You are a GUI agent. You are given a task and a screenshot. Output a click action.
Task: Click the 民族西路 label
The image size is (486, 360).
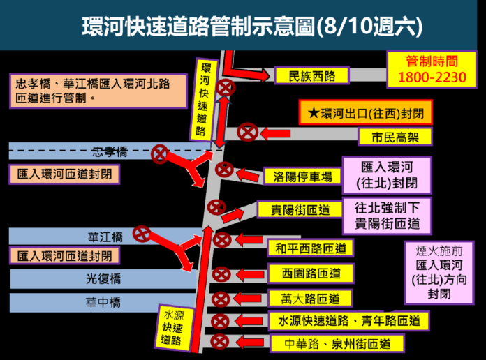pos(312,75)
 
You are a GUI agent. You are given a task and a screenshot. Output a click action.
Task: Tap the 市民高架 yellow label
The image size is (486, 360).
pos(395,137)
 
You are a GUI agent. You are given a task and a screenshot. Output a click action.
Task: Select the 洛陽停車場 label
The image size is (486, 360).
pos(302,177)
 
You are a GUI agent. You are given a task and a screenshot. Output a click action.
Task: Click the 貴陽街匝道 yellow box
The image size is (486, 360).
pos(300,209)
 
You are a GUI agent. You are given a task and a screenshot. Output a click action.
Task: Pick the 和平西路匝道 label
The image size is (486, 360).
pos(310,248)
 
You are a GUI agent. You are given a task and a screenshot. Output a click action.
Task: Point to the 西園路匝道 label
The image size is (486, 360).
pos(311,273)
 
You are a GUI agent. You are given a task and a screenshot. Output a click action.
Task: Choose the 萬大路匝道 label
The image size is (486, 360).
pos(310,299)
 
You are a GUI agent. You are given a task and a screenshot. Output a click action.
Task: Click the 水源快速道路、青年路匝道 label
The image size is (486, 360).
pos(348,321)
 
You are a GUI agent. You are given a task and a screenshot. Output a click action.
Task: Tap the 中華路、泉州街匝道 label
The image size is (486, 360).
pos(337,343)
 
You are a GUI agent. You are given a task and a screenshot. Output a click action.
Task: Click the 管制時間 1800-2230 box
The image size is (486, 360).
pos(432,70)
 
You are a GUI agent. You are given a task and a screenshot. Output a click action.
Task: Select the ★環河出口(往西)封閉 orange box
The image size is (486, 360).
pos(366,112)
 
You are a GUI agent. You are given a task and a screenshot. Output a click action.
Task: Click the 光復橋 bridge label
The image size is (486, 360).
pos(103,279)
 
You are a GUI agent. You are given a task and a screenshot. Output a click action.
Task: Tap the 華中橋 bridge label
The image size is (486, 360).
pos(103,302)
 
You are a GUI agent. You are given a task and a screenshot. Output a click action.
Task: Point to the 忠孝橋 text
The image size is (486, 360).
pos(110,151)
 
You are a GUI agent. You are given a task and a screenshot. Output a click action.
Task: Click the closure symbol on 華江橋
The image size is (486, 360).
pos(142,234)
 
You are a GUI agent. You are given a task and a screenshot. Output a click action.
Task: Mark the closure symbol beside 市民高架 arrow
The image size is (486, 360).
pos(247,133)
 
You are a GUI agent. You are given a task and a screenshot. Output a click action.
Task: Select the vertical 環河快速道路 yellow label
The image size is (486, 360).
pos(203,100)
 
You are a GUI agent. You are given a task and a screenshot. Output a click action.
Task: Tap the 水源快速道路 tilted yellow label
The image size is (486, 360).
pos(173,329)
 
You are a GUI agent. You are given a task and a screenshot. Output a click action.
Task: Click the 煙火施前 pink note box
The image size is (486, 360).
pos(439,273)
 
